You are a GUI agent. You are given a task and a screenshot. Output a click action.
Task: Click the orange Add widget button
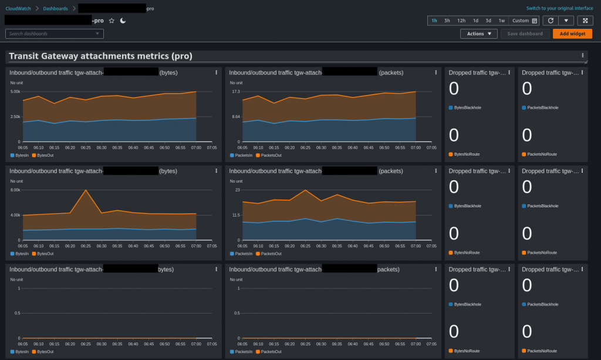(572, 33)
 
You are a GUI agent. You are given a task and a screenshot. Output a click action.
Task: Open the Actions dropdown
(479, 33)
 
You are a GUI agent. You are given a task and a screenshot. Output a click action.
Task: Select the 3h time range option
(447, 21)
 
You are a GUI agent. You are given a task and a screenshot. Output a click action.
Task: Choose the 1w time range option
(502, 21)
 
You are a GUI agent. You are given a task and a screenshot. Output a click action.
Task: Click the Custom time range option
(524, 21)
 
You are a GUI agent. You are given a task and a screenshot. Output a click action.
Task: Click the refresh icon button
(549, 21)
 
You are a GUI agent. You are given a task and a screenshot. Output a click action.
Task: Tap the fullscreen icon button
(585, 21)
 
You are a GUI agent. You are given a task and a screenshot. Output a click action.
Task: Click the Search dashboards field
(55, 33)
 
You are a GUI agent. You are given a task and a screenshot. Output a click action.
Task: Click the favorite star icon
(112, 21)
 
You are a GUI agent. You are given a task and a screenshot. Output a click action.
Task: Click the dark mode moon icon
(123, 21)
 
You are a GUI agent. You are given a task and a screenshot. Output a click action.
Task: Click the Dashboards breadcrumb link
(55, 8)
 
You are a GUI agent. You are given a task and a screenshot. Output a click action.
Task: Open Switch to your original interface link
(560, 8)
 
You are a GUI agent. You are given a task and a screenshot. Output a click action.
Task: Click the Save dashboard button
(525, 33)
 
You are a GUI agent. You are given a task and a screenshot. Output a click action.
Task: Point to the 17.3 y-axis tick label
(236, 92)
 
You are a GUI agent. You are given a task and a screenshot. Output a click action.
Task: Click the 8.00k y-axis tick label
(16, 190)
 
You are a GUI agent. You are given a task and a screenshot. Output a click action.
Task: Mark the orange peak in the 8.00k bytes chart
(86, 190)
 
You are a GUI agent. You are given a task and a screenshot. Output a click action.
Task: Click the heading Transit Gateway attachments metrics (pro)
(100, 56)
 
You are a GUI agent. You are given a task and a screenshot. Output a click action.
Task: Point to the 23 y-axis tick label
(238, 190)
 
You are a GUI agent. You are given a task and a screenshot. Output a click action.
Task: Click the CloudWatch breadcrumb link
(19, 8)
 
